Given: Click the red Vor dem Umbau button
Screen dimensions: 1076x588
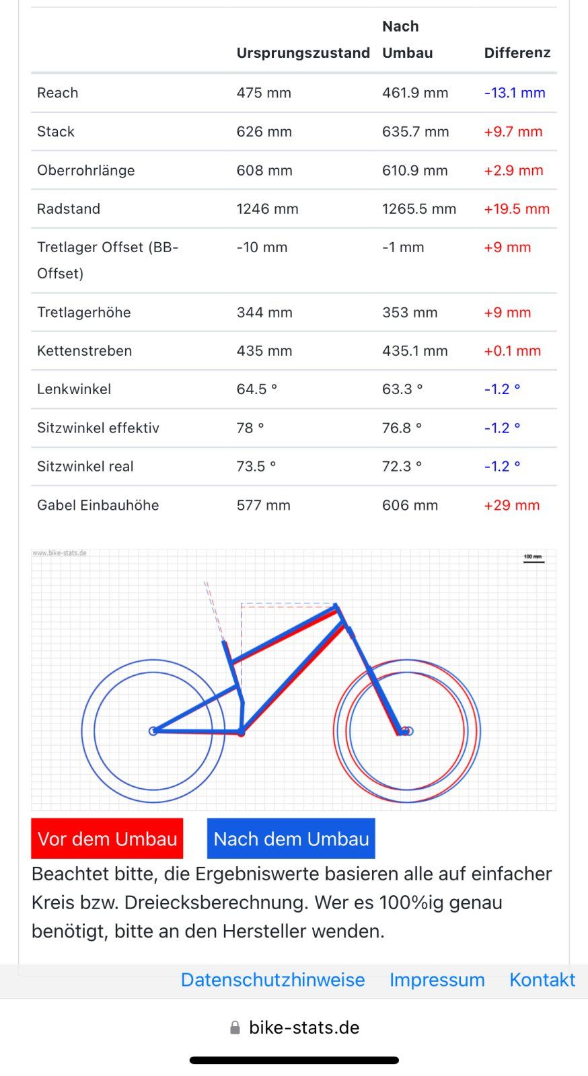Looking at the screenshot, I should coord(107,839).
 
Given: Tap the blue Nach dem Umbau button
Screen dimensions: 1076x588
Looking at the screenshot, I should coord(291,839).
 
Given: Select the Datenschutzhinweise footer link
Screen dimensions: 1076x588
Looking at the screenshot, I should coord(272,980).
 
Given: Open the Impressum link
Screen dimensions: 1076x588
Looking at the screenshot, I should coord(437,980).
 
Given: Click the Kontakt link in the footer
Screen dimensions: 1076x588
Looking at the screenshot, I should coord(542,980).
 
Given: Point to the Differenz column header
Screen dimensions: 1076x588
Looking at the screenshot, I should coord(517,52).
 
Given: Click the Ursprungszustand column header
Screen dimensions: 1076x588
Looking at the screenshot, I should coord(303,52).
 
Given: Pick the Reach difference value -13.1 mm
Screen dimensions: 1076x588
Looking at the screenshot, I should coord(515,93).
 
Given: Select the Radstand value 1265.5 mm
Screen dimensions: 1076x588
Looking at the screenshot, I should coord(418,209).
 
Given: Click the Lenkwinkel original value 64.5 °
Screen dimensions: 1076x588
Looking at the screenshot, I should coord(256,389).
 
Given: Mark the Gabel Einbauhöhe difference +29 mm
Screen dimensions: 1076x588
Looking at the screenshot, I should coord(511,505).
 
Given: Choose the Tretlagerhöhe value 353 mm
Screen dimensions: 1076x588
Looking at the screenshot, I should coord(409,313).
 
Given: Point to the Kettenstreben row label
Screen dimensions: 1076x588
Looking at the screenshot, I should coord(84,351).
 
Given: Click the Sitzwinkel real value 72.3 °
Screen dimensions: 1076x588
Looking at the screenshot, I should coord(402,467).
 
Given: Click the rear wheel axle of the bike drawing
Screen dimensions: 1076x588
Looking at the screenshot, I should coord(153,731).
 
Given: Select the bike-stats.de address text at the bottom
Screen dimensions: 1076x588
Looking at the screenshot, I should coord(304,1028).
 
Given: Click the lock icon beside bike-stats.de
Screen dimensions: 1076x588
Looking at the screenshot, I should coord(235,1028).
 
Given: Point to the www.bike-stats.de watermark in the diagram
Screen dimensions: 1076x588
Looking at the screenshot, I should coord(60,553).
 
